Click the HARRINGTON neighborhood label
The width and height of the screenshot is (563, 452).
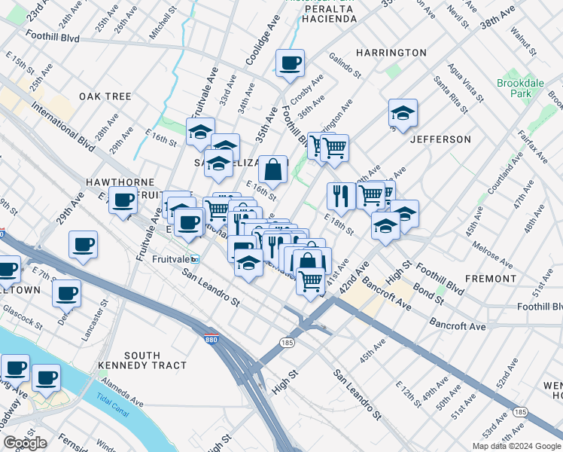pyautogui.click(x=391, y=53)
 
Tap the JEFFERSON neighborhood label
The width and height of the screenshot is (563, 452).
pyautogui.click(x=440, y=139)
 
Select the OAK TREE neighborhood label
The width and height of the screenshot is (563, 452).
pyautogui.click(x=105, y=96)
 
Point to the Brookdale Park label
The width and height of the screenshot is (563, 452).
pyautogui.click(x=514, y=88)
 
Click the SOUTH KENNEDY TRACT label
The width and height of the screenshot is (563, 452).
pyautogui.click(x=142, y=360)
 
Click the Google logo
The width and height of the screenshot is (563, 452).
pyautogui.click(x=25, y=443)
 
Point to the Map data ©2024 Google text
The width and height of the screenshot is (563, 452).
pyautogui.click(x=517, y=446)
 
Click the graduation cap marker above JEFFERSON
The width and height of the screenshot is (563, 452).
pyautogui.click(x=403, y=114)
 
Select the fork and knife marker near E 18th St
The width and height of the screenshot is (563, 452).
pyautogui.click(x=341, y=196)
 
